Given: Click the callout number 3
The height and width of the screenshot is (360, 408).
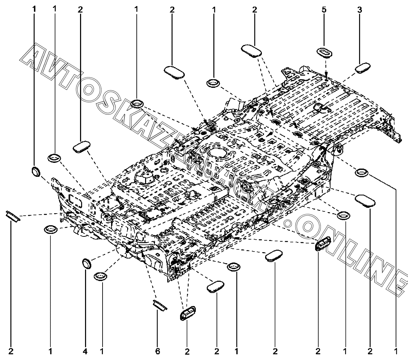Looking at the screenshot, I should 359,10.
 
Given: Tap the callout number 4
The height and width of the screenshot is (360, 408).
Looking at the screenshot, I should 85,352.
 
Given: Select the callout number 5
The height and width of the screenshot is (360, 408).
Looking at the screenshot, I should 324,10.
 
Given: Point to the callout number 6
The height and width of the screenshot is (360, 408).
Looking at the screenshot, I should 158,352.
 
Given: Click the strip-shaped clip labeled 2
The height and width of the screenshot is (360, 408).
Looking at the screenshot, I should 14,216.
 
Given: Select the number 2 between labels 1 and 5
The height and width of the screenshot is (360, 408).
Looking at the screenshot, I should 254,10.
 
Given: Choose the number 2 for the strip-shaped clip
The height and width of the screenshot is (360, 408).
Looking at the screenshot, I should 11,352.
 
